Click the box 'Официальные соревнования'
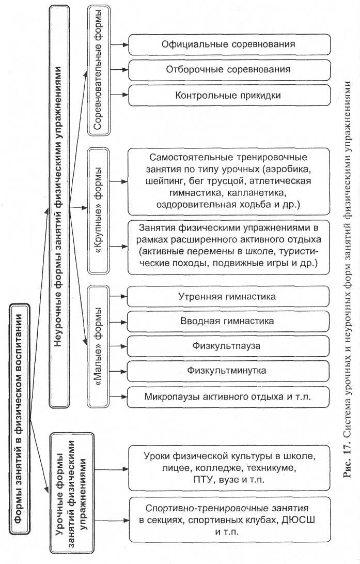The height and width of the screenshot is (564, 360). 228,44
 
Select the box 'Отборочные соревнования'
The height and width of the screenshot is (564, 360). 228,69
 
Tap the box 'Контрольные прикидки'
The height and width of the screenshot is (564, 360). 228,95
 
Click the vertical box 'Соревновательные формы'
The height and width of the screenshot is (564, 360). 98,70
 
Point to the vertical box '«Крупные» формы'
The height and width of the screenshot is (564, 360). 98,211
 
